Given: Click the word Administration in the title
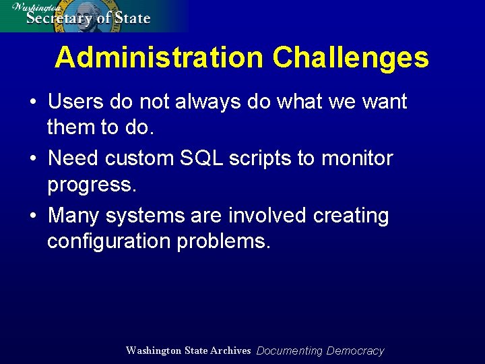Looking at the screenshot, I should click(159, 58).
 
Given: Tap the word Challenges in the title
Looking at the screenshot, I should click(350, 58).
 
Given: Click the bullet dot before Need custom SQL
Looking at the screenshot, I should click(33, 159).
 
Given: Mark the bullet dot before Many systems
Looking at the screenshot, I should click(33, 216).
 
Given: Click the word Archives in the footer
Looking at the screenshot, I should click(230, 351).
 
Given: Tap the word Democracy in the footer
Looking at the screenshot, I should click(355, 351).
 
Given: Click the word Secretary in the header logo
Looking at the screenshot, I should click(59, 18).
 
